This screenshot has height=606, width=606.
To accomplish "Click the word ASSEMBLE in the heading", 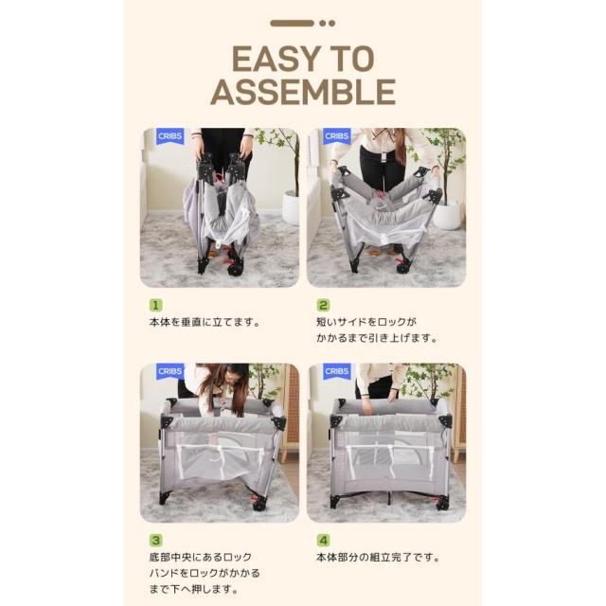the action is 303,92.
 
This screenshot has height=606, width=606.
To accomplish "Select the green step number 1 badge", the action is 155,305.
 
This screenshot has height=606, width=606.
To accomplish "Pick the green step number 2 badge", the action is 323,305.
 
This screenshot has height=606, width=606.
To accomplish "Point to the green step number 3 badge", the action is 155,540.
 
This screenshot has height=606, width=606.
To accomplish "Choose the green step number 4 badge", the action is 323,540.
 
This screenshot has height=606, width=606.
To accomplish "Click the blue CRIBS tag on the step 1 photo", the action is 170,136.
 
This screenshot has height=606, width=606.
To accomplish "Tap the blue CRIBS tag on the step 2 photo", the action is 337,136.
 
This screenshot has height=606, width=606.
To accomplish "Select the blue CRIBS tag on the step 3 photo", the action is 170,371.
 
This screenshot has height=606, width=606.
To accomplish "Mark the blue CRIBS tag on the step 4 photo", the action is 337,371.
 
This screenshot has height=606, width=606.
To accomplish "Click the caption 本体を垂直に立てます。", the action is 205,322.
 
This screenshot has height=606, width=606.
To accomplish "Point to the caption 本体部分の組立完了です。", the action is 378,558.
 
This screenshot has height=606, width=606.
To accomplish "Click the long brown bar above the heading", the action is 293,23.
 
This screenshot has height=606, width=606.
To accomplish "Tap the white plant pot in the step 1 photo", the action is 290,207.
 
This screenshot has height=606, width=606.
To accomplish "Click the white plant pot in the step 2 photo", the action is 448,216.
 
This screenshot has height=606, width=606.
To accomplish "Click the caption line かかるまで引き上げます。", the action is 377,338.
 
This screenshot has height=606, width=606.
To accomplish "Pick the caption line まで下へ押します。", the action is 193,589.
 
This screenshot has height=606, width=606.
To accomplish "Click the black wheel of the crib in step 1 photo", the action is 235,269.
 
